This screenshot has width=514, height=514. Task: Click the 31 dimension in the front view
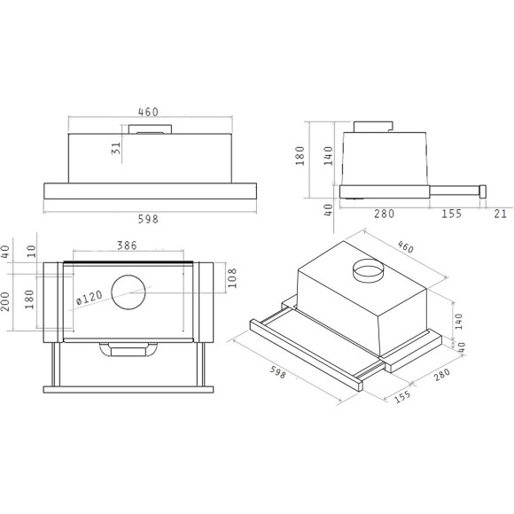coord(116,148)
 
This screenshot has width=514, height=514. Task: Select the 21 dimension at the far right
coord(501,213)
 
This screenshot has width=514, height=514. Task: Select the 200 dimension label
coord(6,304)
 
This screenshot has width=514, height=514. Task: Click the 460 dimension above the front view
coord(148,112)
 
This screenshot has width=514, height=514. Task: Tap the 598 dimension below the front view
coord(148,219)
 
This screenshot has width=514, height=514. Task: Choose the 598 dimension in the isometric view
coord(277,373)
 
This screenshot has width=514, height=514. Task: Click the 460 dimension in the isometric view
coord(405,247)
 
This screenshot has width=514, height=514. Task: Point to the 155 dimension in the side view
coord(452,213)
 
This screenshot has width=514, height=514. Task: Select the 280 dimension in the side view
coord(384,213)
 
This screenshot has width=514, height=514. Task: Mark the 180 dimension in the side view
coord(300,158)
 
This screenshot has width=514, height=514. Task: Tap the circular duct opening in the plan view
coord(130,295)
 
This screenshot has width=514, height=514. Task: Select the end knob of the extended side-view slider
coord(484,189)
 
